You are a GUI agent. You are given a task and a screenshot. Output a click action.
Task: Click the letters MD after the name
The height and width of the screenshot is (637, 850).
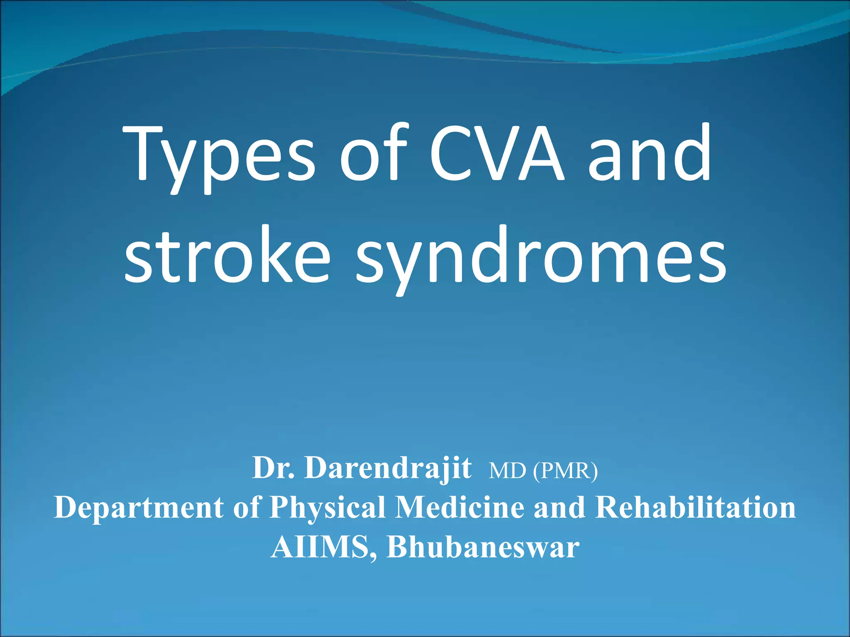[x=507, y=471]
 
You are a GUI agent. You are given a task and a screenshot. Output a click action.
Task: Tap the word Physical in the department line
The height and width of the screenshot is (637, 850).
[x=327, y=508]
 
